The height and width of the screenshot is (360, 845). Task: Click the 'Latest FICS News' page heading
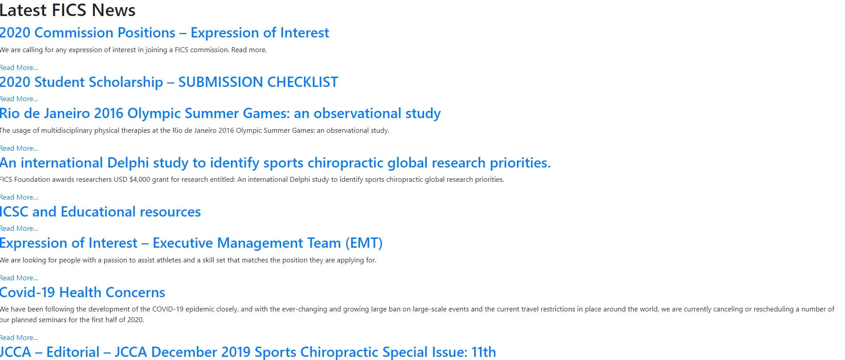[68, 10]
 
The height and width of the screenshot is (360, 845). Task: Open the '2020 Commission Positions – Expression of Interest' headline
[164, 33]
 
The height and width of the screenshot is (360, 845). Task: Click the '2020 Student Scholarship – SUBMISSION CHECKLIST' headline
[169, 82]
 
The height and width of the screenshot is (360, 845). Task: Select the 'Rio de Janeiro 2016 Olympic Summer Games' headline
[220, 113]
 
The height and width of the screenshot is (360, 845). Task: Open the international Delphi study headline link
[275, 163]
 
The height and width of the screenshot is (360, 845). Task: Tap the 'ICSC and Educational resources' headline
[100, 212]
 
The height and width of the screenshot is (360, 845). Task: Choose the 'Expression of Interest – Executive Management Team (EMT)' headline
[191, 243]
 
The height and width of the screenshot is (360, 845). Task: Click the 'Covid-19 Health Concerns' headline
[82, 292]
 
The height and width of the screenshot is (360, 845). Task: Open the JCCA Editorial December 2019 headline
[248, 352]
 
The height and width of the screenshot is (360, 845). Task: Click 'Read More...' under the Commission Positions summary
[19, 68]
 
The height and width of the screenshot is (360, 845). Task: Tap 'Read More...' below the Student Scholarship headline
[19, 99]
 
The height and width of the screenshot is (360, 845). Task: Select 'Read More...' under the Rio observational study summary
[19, 148]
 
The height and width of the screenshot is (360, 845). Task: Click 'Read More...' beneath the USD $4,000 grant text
[19, 197]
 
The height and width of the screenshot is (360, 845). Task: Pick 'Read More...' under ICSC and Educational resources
[19, 229]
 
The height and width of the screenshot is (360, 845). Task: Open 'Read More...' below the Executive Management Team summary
[19, 278]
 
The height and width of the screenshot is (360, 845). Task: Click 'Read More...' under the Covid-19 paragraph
[19, 338]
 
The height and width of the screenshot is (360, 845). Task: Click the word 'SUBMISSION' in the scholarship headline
[220, 82]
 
